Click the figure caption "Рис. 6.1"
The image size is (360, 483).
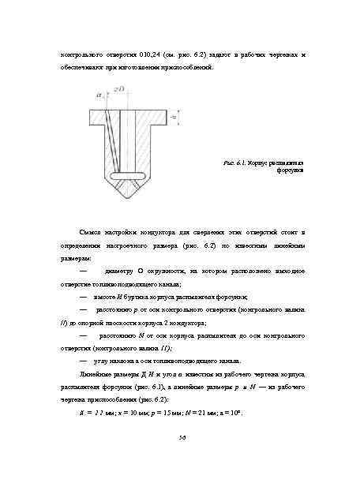click(234, 163)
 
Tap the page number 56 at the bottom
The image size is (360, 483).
click(181, 438)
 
